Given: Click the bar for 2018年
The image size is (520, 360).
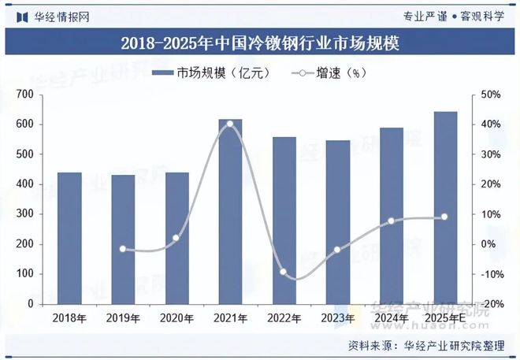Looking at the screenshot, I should (x=69, y=238).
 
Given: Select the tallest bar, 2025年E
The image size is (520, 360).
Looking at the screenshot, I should (x=444, y=208).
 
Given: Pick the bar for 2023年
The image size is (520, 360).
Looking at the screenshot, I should (x=337, y=222).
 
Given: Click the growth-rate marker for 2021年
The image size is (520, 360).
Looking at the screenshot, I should (x=230, y=124).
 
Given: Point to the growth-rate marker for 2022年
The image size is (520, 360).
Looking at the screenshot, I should (x=284, y=272).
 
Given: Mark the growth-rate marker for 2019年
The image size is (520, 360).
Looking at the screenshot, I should (x=123, y=249).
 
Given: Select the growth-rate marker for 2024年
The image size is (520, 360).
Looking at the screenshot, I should (x=391, y=221).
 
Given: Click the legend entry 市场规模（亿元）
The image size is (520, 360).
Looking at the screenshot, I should (x=213, y=73).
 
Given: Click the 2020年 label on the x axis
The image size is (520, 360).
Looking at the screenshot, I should (x=176, y=318).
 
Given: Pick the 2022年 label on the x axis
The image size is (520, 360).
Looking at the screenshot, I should (x=284, y=318).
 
